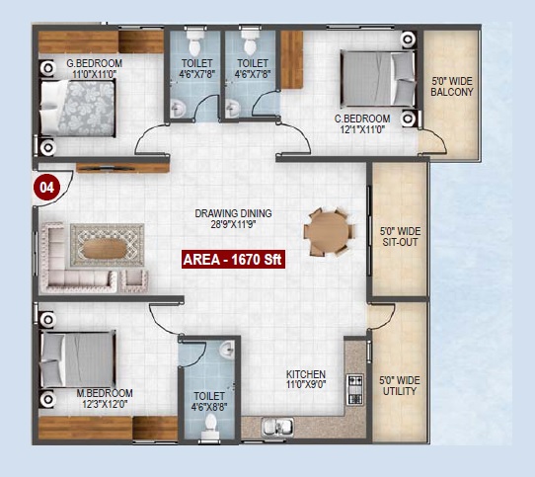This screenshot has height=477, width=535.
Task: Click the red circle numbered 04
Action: (46, 187)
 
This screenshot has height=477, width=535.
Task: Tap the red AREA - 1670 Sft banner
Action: (233, 260)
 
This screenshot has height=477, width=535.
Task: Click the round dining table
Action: (330, 232)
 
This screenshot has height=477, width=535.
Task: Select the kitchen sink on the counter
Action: (277, 427)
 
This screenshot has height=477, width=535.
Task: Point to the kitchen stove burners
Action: (354, 389)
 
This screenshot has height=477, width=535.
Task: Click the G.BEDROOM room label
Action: (94, 63)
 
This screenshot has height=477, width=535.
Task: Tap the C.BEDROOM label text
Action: (362, 119)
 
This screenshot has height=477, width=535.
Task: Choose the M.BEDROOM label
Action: (105, 393)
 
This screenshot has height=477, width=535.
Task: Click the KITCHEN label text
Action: (306, 374)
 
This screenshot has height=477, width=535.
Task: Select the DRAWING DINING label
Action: (233, 213)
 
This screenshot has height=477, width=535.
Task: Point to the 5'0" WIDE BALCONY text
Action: (452, 86)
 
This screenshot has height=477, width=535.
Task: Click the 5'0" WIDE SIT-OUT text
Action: (400, 237)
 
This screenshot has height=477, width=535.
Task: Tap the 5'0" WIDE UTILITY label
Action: (400, 385)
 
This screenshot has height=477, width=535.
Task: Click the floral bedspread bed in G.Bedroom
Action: (77, 108)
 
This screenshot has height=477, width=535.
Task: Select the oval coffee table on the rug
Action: (105, 248)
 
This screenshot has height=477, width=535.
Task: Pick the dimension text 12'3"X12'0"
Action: (105, 404)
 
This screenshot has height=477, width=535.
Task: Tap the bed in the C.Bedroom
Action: (378, 78)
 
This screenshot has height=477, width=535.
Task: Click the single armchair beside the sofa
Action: (134, 281)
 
